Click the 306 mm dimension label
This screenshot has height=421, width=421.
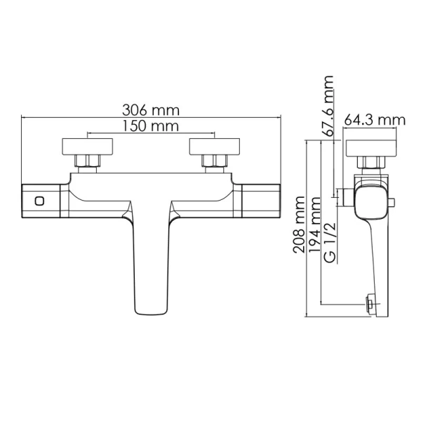tap(151, 110)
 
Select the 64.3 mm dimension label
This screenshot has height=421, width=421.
tap(375, 120)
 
